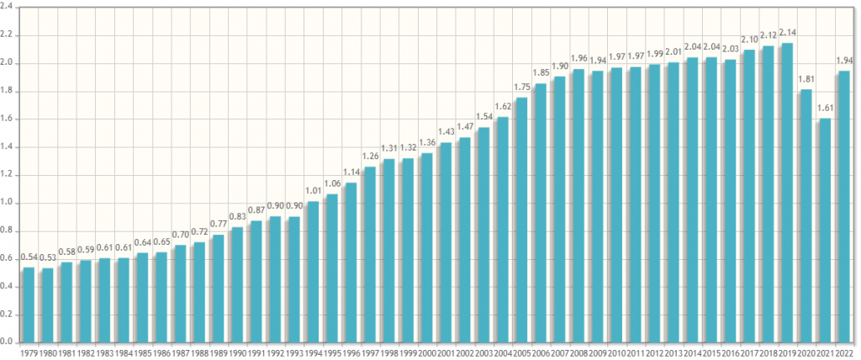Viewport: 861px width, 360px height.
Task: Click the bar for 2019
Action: click(786, 193)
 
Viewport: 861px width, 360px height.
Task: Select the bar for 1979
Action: click(29, 304)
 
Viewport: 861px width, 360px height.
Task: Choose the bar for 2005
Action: click(521, 220)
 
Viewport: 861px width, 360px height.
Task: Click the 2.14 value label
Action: click(786, 33)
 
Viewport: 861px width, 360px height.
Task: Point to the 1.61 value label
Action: click(824, 109)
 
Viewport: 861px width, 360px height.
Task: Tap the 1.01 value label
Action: click(313, 192)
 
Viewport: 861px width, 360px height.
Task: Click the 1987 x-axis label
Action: click(180, 352)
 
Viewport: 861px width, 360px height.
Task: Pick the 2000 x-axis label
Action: click(426, 352)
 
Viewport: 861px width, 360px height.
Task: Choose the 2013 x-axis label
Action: click(673, 352)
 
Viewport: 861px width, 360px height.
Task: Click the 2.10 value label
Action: click(748, 40)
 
